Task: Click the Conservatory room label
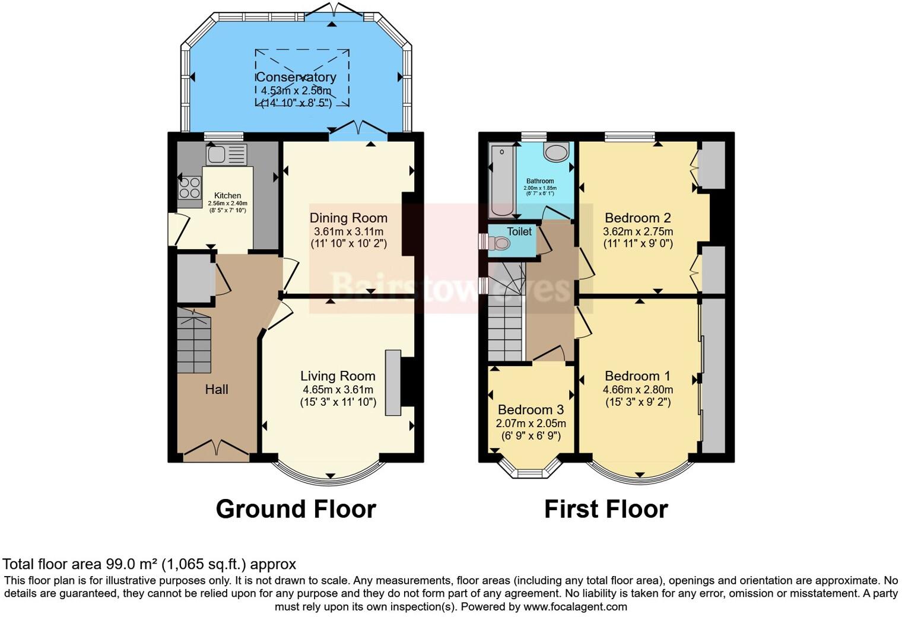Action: (296, 77)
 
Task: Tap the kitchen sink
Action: (217, 155)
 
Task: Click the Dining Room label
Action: (348, 218)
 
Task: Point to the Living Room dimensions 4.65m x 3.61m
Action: (338, 390)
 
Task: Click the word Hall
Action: (217, 389)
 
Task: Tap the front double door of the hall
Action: (217, 450)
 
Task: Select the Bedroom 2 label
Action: (638, 218)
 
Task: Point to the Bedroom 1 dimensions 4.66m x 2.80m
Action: (638, 390)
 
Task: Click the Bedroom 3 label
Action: (531, 410)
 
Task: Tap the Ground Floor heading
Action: (296, 509)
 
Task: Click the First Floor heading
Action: (606, 509)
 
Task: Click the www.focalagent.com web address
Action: (574, 606)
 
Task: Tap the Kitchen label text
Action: (227, 195)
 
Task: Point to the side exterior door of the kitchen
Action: (177, 229)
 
